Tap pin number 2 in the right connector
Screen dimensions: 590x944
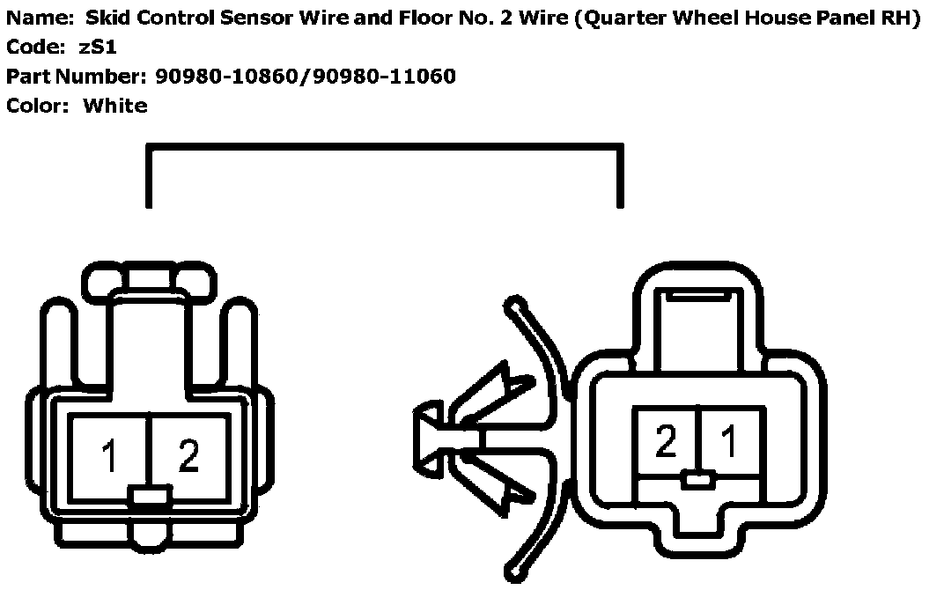pos(667,440)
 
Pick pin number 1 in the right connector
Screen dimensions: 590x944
pos(730,440)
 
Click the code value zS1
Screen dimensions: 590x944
pos(98,48)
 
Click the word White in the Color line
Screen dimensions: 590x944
pos(115,106)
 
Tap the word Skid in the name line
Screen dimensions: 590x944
pos(106,18)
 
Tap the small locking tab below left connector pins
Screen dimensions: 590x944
pos(149,498)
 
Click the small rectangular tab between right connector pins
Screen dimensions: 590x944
pos(697,481)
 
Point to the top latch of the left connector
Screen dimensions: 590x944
pos(149,281)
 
